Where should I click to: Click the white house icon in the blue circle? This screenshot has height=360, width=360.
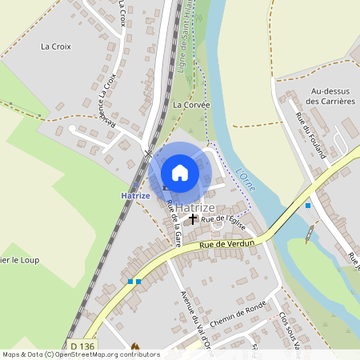(180, 172)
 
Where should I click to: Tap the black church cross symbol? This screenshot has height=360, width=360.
(192, 218)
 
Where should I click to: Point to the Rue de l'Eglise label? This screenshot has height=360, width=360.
(222, 218)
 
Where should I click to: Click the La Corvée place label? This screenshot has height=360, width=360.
(191, 105)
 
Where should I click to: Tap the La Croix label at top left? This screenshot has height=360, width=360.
(56, 46)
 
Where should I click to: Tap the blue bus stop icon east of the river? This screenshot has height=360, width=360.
(308, 206)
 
